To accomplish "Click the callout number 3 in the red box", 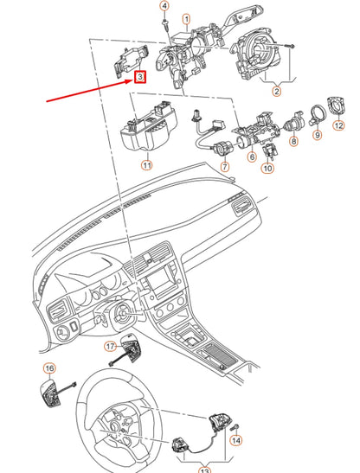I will click(x=139, y=76).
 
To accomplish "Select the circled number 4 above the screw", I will click(x=164, y=6).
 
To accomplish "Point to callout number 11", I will click(x=147, y=164).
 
